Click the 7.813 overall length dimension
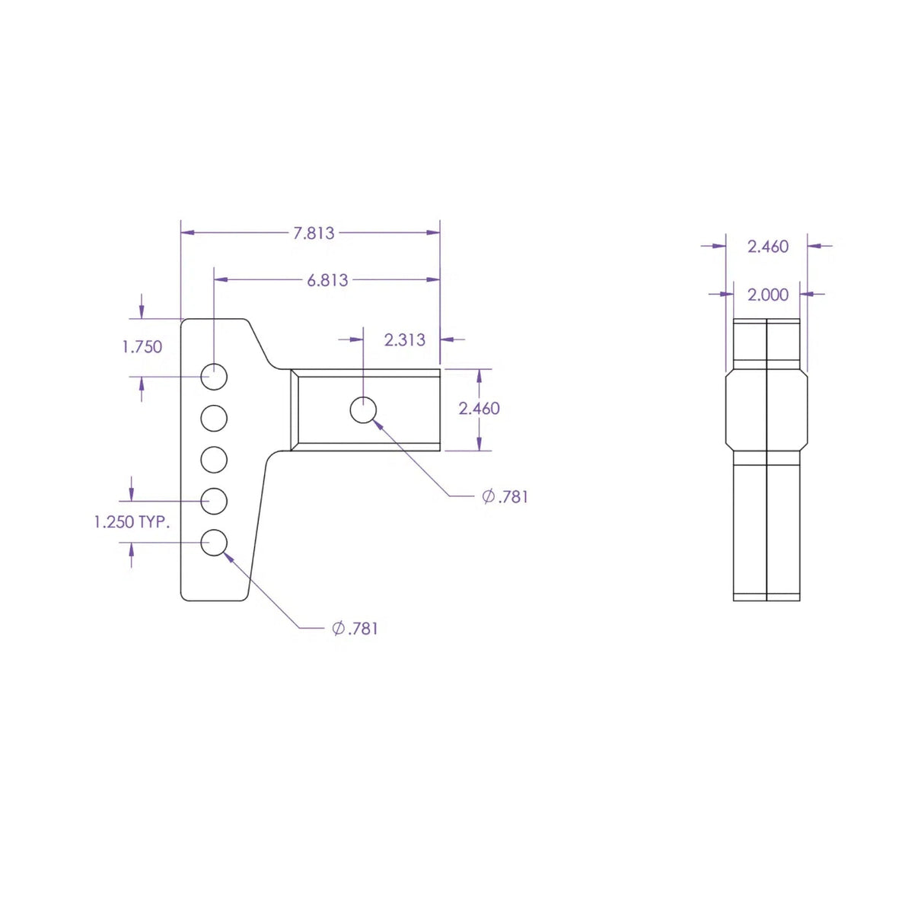[x=314, y=233]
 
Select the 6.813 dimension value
[x=327, y=280]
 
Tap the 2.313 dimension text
[x=404, y=339]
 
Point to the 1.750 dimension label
[x=142, y=347]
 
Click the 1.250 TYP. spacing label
[x=132, y=522]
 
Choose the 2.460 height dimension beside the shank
[x=479, y=409]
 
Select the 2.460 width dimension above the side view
[x=767, y=247]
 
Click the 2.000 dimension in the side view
[x=767, y=295]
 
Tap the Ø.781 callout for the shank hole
[x=505, y=497]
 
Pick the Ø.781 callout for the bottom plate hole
[x=355, y=629]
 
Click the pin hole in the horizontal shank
[x=363, y=410]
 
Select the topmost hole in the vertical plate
[x=214, y=376]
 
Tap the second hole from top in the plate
[x=214, y=418]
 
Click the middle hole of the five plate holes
[x=214, y=460]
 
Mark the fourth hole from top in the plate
[x=214, y=502]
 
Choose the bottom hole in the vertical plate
[x=214, y=543]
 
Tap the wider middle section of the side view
[x=766, y=410]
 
